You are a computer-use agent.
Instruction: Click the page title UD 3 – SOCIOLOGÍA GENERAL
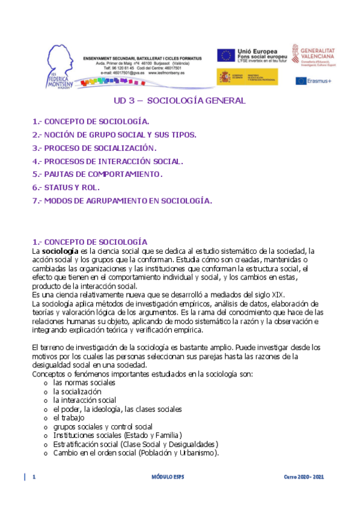(180, 101)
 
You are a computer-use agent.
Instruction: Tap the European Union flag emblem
(227, 55)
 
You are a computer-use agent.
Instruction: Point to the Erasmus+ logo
(313, 81)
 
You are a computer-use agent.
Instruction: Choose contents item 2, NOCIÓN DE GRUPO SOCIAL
(114, 135)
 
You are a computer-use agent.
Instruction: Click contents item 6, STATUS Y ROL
(66, 188)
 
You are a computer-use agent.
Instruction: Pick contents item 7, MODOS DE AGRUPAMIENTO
(122, 201)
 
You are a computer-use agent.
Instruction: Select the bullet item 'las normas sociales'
(84, 382)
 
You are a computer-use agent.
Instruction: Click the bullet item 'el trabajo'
(69, 417)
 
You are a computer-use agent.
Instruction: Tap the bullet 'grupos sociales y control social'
(103, 426)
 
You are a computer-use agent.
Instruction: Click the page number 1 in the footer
(34, 477)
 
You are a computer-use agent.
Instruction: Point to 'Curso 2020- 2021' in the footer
(304, 477)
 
